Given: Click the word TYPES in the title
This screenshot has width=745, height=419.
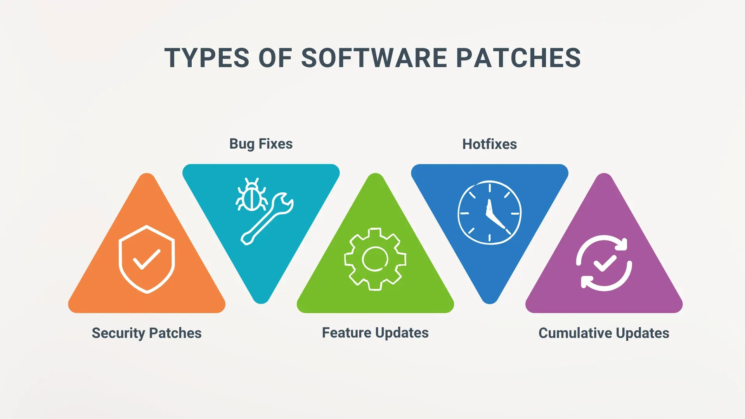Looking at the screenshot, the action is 207,58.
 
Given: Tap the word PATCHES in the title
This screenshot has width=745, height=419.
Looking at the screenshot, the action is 518,58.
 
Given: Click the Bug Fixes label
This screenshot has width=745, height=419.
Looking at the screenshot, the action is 261,144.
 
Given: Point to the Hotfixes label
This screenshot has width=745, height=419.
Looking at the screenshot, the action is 489,144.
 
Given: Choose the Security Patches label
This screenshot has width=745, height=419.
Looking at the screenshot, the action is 147,333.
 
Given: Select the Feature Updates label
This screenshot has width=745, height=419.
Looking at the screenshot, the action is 375,333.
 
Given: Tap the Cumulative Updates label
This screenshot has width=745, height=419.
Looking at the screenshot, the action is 604,333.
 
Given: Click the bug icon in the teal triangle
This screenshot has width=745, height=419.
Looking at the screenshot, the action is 252,195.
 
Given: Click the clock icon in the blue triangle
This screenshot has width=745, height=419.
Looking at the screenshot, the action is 489,213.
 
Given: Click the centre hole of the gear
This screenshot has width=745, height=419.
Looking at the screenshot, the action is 375,259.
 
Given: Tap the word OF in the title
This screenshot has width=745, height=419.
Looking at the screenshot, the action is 275,58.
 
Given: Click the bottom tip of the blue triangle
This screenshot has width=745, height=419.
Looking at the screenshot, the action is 490,304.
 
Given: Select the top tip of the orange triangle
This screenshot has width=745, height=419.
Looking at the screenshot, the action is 147,173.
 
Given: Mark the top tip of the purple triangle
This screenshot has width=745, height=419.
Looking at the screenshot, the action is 604,173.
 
